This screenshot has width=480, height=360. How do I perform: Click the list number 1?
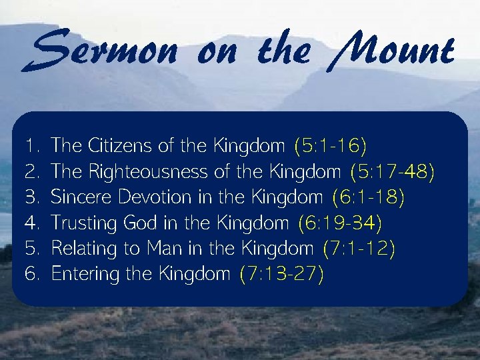29,145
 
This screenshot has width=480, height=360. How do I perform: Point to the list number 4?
31,223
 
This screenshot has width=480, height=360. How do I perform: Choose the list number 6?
31,274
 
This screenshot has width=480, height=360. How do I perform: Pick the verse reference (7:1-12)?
359,249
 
